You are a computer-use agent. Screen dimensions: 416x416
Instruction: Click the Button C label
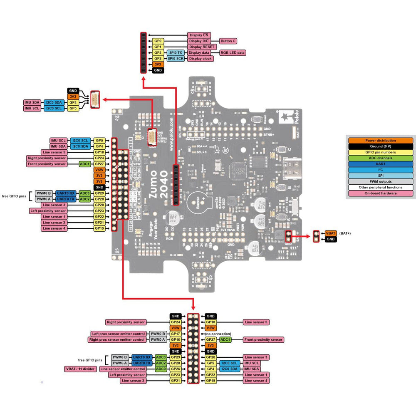[x=228, y=41]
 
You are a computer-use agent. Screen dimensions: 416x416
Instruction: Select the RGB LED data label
[x=232, y=53]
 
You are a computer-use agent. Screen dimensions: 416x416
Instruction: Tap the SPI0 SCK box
[x=176, y=59]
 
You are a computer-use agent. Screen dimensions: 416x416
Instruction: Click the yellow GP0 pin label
[x=158, y=41]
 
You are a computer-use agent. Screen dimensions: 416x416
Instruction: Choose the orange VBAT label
[x=331, y=233]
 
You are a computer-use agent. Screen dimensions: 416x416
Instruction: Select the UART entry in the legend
[x=380, y=164]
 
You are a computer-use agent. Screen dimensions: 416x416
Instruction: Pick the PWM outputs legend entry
[x=380, y=181]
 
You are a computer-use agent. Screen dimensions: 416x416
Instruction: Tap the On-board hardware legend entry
[x=380, y=193]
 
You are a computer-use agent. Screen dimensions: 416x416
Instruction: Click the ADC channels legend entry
[x=380, y=158]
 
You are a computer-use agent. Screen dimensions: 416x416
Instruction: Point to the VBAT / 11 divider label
[x=80, y=369]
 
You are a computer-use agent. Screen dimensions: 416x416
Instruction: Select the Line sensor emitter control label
[x=123, y=369]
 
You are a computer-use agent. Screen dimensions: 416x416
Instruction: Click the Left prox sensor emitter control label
[x=119, y=334]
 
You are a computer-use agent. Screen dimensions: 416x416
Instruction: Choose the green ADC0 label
[x=161, y=369]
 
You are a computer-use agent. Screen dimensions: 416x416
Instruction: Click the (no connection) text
[x=218, y=334]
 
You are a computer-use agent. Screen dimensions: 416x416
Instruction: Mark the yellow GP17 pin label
[x=176, y=334]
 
